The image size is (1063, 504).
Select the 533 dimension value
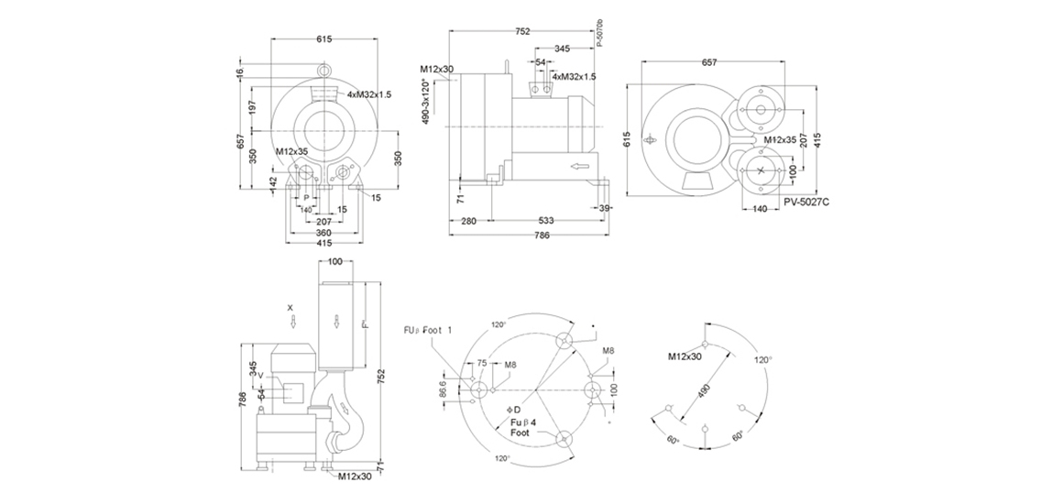click(x=546, y=221)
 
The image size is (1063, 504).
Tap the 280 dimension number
click(x=468, y=221)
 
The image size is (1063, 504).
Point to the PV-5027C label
click(x=806, y=202)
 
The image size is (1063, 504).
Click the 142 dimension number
click(x=272, y=182)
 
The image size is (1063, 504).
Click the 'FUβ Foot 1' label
click(x=428, y=330)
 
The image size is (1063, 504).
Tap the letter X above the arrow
click(x=290, y=307)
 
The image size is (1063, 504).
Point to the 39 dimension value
click(x=604, y=209)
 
